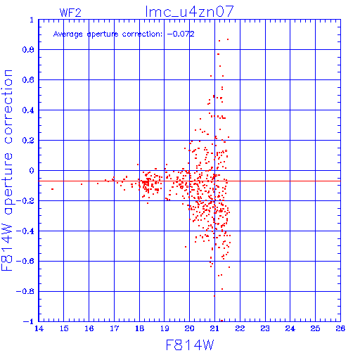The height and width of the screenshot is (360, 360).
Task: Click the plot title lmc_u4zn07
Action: (x=189, y=11)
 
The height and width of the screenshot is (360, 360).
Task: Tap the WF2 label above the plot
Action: (x=70, y=13)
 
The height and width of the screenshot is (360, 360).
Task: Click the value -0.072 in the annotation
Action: (x=181, y=34)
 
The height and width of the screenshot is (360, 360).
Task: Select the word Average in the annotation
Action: (x=68, y=34)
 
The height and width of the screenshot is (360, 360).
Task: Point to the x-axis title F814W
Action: (x=190, y=345)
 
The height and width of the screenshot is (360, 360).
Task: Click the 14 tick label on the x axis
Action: (x=39, y=328)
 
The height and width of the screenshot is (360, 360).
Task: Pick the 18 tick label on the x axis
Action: (x=139, y=328)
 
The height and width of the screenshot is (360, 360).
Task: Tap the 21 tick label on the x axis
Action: (x=214, y=328)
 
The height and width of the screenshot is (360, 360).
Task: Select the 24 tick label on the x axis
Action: (x=290, y=328)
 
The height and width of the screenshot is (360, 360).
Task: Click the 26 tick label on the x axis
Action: (x=340, y=328)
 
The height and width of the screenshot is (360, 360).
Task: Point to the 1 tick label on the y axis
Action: (x=32, y=20)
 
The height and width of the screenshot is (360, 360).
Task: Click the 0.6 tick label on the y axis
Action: (x=28, y=80)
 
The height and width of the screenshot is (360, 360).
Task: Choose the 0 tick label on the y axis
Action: (x=32, y=171)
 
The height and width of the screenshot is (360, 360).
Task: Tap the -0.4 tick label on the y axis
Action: (x=25, y=231)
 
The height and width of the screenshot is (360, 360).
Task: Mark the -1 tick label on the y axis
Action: (x=29, y=321)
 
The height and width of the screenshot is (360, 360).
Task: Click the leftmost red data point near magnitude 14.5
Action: (x=52, y=189)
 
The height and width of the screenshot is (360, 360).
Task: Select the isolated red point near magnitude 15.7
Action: (x=82, y=184)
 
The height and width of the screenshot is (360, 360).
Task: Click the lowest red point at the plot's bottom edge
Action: (x=221, y=321)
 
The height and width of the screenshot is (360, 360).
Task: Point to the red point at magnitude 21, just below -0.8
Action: (x=214, y=296)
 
